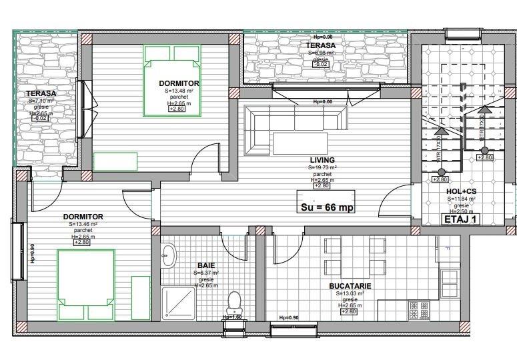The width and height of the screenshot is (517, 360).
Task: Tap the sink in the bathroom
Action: (x=168, y=254)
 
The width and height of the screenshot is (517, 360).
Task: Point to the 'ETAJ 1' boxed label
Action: (x=461, y=219)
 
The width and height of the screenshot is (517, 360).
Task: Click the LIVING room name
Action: (x=322, y=160)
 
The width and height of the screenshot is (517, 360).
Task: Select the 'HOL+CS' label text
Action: (x=461, y=191)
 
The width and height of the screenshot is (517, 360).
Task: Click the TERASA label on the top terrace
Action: (x=321, y=45)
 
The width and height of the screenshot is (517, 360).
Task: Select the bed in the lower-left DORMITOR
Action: (x=85, y=283)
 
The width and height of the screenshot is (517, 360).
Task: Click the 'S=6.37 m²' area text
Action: (x=206, y=273)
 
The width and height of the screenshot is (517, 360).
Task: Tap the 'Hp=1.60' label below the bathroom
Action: (x=232, y=317)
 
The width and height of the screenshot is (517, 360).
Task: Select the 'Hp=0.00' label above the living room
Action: (x=322, y=102)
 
